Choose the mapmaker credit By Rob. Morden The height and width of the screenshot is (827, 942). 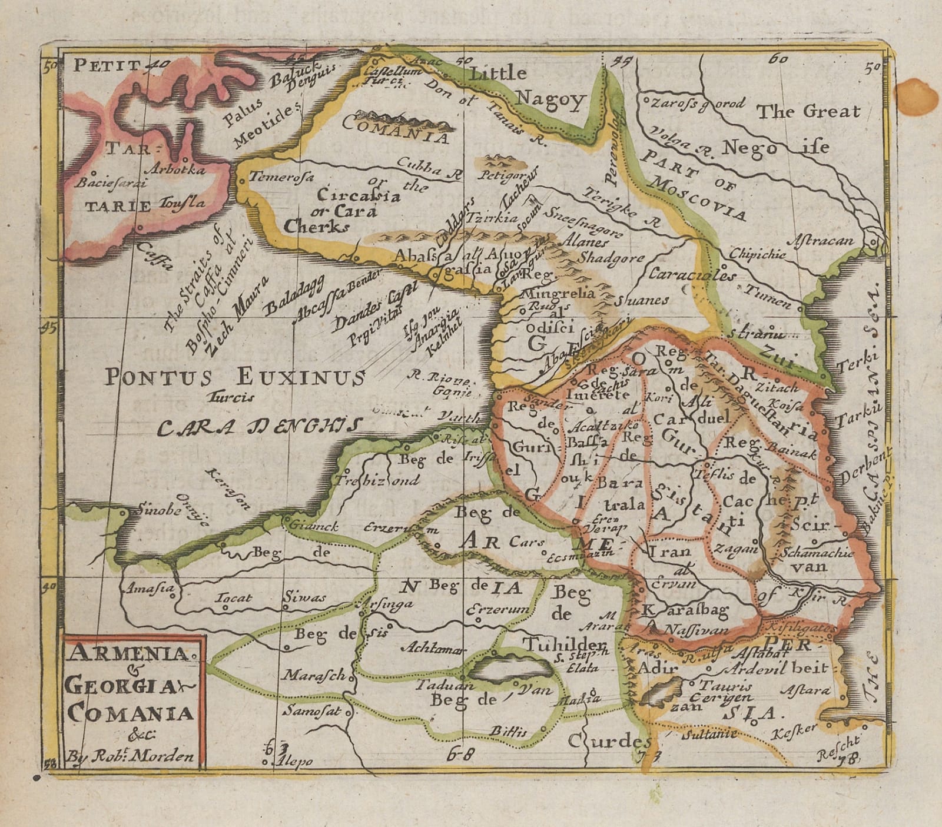pyautogui.click(x=130, y=756)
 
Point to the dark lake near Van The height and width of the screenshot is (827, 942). pyautogui.click(x=509, y=668)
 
